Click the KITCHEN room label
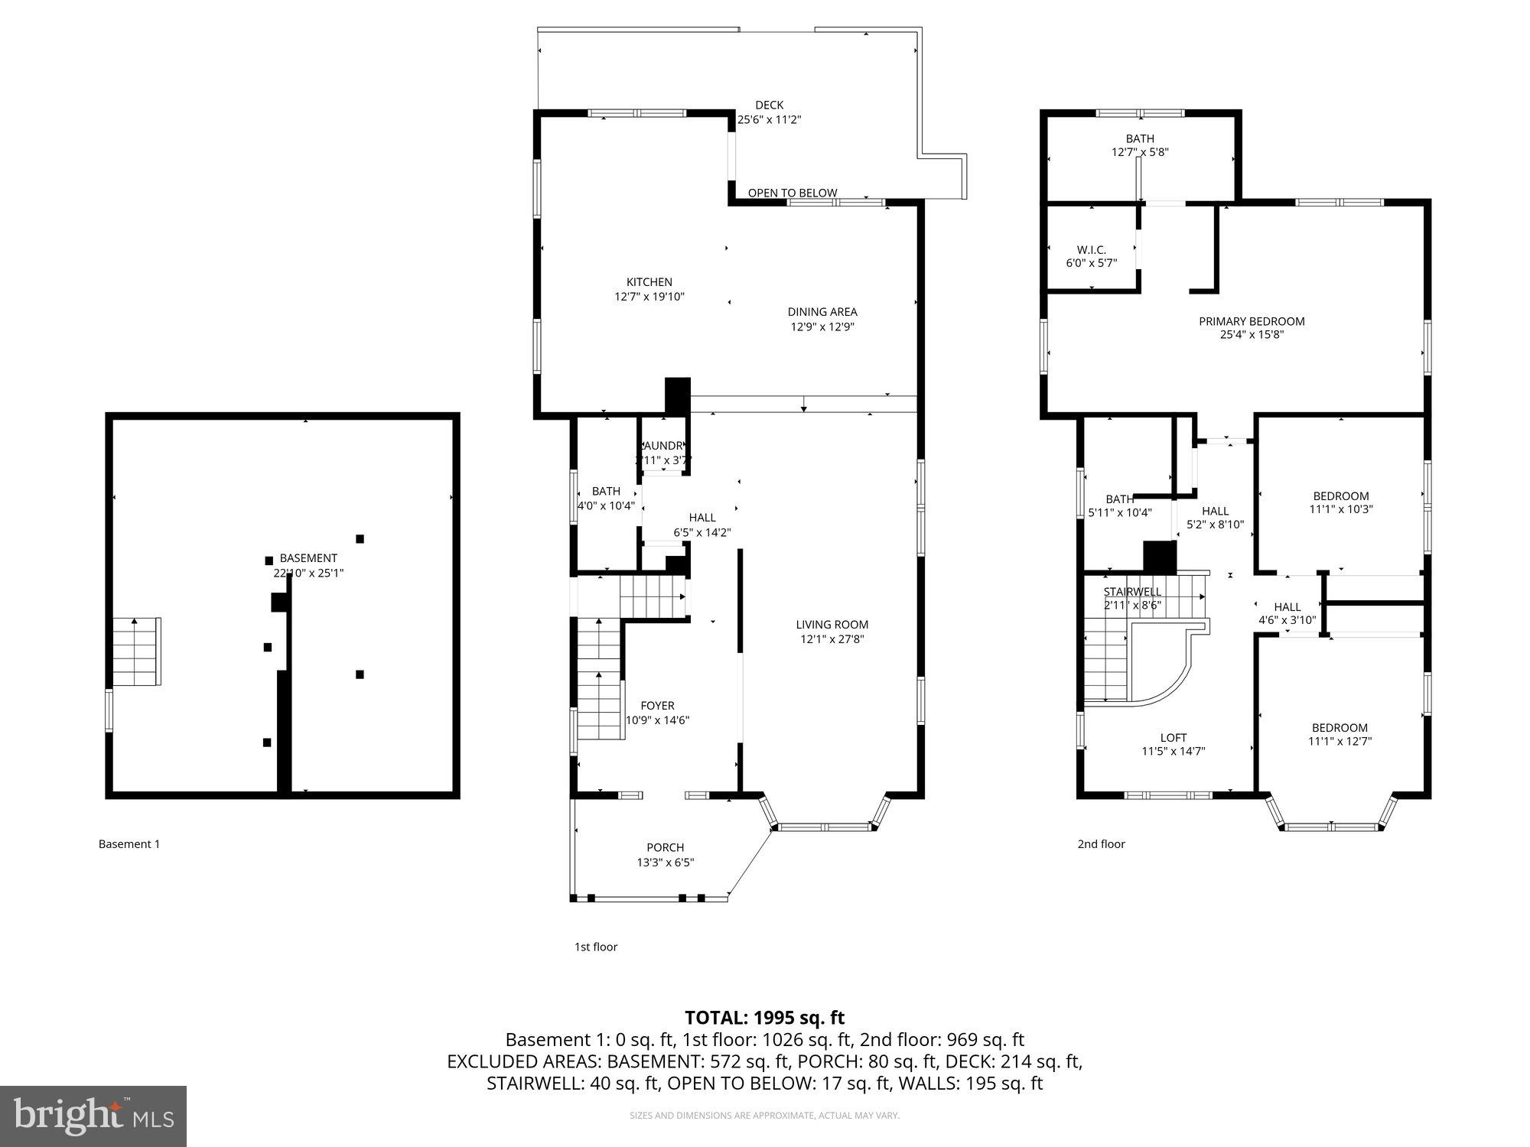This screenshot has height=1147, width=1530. pyautogui.click(x=649, y=282)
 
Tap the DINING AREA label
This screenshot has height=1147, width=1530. pyautogui.click(x=822, y=312)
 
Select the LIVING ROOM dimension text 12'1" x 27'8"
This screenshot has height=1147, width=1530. pyautogui.click(x=832, y=639)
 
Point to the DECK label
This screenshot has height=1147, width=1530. pyautogui.click(x=769, y=106)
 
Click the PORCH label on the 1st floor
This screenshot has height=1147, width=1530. pyautogui.click(x=665, y=847)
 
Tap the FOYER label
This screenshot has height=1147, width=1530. pyautogui.click(x=657, y=706)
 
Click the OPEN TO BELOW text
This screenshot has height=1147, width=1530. pyautogui.click(x=792, y=193)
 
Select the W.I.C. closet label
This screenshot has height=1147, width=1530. pyautogui.click(x=1091, y=250)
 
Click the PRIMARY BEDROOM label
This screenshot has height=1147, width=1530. pyautogui.click(x=1252, y=321)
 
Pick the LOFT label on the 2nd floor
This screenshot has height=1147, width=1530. pyautogui.click(x=1173, y=738)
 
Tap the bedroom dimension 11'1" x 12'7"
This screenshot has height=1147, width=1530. pyautogui.click(x=1340, y=741)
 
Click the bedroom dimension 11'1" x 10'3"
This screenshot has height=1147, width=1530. pyautogui.click(x=1341, y=509)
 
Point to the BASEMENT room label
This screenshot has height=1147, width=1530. pyautogui.click(x=308, y=558)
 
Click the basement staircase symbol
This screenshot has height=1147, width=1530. pyautogui.click(x=137, y=651)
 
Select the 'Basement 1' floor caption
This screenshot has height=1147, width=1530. pyautogui.click(x=129, y=844)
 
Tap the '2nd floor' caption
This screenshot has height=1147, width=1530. pyautogui.click(x=1101, y=844)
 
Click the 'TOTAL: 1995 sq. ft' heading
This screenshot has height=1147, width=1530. pyautogui.click(x=763, y=1018)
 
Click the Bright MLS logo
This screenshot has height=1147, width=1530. pyautogui.click(x=93, y=1116)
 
